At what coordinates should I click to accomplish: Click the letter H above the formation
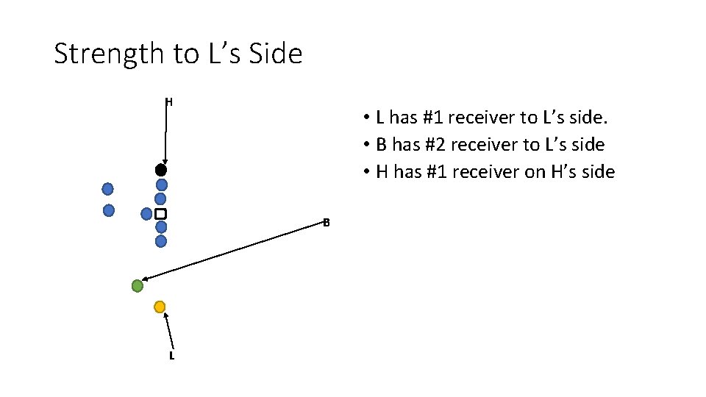pos(169,102)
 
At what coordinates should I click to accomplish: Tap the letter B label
pos(326,222)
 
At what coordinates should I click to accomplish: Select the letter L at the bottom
pos(171,356)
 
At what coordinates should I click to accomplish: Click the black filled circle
pos(161,170)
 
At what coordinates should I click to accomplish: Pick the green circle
pos(137,286)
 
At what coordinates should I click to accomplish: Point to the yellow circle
pos(160,307)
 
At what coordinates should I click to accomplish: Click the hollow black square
pos(160,213)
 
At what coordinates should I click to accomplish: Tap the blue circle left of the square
pos(146,213)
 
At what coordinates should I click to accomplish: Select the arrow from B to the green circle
pos(235,251)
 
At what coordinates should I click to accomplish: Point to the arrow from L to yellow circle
pos(169,331)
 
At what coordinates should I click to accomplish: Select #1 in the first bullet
pos(427,117)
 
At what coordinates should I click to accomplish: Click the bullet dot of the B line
pos(366,145)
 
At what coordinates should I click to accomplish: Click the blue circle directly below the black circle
pos(161,185)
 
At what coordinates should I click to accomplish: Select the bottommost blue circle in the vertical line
pos(161,240)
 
